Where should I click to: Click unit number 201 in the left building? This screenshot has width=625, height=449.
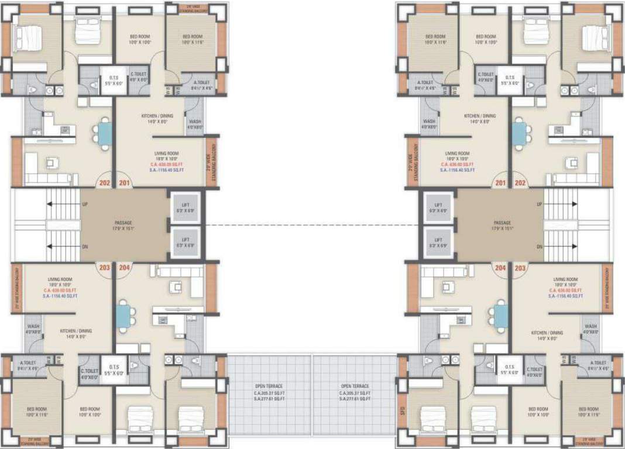pyautogui.click(x=125, y=183)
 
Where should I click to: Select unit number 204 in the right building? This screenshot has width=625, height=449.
pyautogui.click(x=500, y=268)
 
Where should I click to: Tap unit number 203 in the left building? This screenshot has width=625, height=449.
pyautogui.click(x=105, y=268)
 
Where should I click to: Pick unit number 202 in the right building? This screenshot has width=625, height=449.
pyautogui.click(x=520, y=183)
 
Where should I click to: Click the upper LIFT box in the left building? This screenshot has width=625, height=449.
pyautogui.click(x=186, y=207)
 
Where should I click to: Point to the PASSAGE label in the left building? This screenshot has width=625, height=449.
pyautogui.click(x=123, y=222)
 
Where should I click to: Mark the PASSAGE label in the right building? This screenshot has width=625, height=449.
pyautogui.click(x=502, y=223)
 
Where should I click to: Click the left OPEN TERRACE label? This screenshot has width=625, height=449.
pyautogui.click(x=269, y=386)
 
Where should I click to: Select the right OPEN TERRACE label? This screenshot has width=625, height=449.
pyautogui.click(x=354, y=386)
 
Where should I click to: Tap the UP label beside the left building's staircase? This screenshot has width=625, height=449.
pyautogui.click(x=85, y=204)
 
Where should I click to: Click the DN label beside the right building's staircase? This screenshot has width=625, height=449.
pyautogui.click(x=540, y=247)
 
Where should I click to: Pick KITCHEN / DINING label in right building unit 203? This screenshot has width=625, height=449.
pyautogui.click(x=547, y=333)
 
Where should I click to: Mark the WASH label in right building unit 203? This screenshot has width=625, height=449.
pyautogui.click(x=590, y=326)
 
